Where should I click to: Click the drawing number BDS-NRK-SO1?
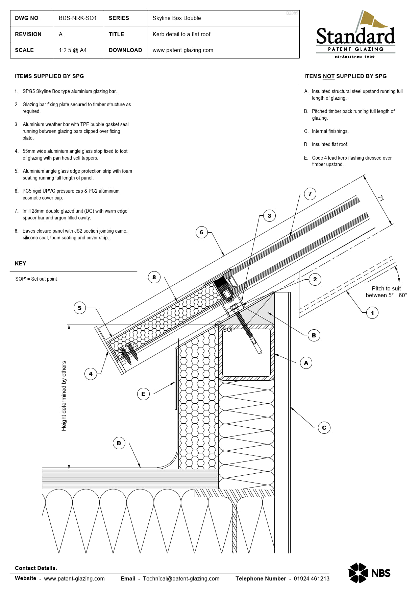[x=78, y=18]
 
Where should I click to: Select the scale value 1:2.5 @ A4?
[x=73, y=50]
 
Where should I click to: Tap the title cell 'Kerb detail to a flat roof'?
[x=181, y=34]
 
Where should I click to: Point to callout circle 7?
[x=310, y=194]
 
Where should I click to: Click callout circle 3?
[x=269, y=216]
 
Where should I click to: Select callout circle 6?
[x=201, y=232]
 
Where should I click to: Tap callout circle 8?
[x=154, y=277]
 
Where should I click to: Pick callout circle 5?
[x=80, y=308]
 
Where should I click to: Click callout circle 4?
[x=91, y=374]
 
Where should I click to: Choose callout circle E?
[x=143, y=394]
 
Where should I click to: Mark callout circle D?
[x=119, y=443]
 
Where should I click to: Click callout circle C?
[x=324, y=428]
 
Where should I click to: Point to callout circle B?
[x=314, y=335]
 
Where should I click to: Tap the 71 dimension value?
[x=381, y=198]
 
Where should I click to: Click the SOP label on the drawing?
[x=229, y=330]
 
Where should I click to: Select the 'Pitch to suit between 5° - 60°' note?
[x=386, y=292]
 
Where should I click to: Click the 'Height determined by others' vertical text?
[x=64, y=396]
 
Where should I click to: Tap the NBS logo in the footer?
[x=369, y=573]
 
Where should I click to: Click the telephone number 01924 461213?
[x=311, y=578]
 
